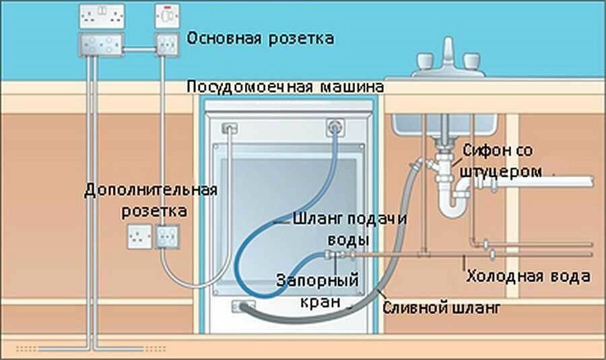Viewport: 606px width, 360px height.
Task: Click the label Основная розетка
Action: pos(260,38)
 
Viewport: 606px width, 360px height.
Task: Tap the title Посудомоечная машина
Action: pos(285,87)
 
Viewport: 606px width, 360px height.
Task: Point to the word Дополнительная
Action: pos(151,189)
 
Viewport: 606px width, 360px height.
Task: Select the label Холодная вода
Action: pos(529,277)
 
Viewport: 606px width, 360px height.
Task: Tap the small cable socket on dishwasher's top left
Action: pos(229,127)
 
